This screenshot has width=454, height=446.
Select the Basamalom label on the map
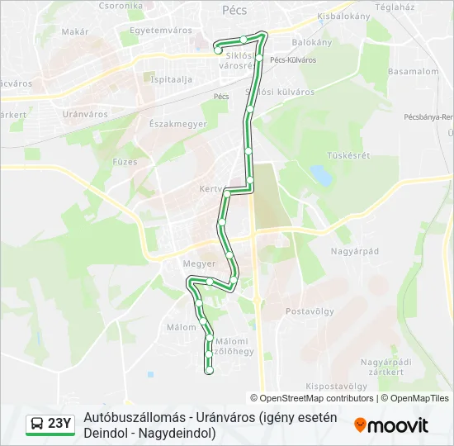pos(413,72)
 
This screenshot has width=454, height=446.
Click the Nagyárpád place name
pos(354,250)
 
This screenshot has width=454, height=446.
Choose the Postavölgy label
pos(308,311)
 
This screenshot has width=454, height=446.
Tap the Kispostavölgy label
pos(336,386)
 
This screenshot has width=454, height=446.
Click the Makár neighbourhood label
pos(74,31)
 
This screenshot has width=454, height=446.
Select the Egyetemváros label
pos(155,31)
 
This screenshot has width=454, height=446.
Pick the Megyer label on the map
pos(199,264)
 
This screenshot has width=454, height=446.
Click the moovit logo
pos(391,425)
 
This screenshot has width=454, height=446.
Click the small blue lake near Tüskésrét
pos(319,174)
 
